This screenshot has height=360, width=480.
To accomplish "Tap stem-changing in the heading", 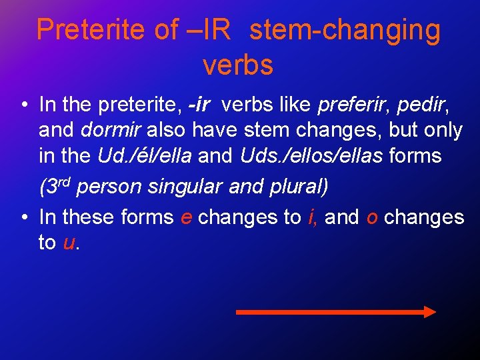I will [345, 30].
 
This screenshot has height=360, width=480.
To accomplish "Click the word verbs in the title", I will [238, 65].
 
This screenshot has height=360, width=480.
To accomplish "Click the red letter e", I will [187, 218].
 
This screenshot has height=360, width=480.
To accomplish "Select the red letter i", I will [311, 217].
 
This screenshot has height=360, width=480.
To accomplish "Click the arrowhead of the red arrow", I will [430, 312].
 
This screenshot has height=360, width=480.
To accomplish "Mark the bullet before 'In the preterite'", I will [23, 105].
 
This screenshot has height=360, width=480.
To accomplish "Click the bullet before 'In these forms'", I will [23, 217].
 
